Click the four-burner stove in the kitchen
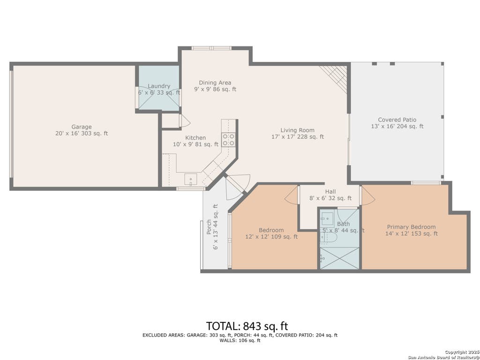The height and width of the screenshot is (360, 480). (x=228, y=139)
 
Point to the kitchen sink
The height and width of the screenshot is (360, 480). (x=190, y=180)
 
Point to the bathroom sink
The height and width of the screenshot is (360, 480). (x=327, y=219)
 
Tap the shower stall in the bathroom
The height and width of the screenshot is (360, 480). (x=339, y=258)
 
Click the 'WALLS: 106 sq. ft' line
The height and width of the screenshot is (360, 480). (x=240, y=340)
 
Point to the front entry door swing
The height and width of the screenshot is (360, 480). (x=238, y=187)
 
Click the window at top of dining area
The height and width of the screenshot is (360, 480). (x=211, y=48)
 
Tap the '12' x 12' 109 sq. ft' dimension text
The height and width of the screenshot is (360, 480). (x=271, y=237)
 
